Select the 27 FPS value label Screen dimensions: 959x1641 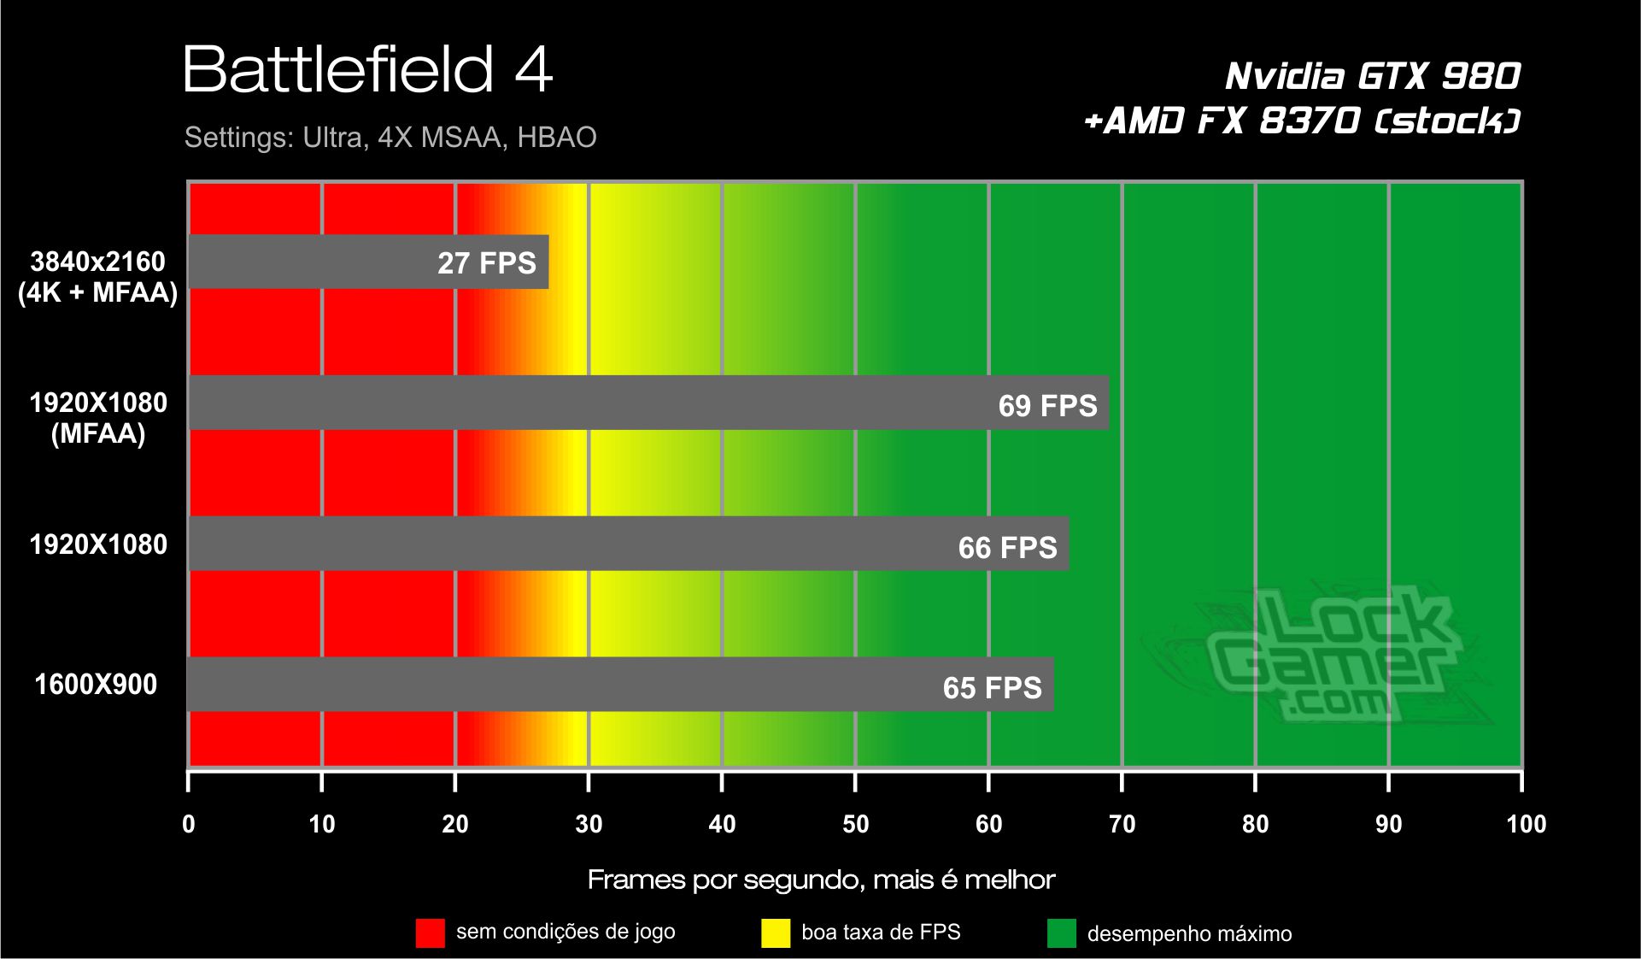click(x=487, y=263)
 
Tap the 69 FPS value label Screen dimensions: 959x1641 click(x=1047, y=405)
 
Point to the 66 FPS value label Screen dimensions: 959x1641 click(x=1007, y=547)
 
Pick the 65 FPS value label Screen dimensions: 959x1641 click(x=992, y=688)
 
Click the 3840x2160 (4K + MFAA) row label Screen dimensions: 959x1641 click(x=97, y=277)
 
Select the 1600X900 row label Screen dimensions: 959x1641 click(x=96, y=685)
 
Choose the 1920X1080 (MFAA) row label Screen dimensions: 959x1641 click(x=98, y=418)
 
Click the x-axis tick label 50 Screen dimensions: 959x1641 click(x=855, y=824)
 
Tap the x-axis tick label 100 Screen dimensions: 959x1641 click(x=1526, y=824)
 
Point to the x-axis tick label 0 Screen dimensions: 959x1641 click(x=189, y=824)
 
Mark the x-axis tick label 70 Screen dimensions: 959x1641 click(x=1122, y=824)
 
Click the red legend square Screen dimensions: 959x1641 click(x=431, y=933)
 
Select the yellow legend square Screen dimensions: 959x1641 click(x=776, y=933)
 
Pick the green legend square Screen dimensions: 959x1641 click(x=1062, y=933)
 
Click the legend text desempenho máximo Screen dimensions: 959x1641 click(x=1189, y=933)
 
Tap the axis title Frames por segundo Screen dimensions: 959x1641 click(x=821, y=880)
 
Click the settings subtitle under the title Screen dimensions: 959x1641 click(x=390, y=138)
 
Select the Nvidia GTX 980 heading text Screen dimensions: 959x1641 click(x=1372, y=76)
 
